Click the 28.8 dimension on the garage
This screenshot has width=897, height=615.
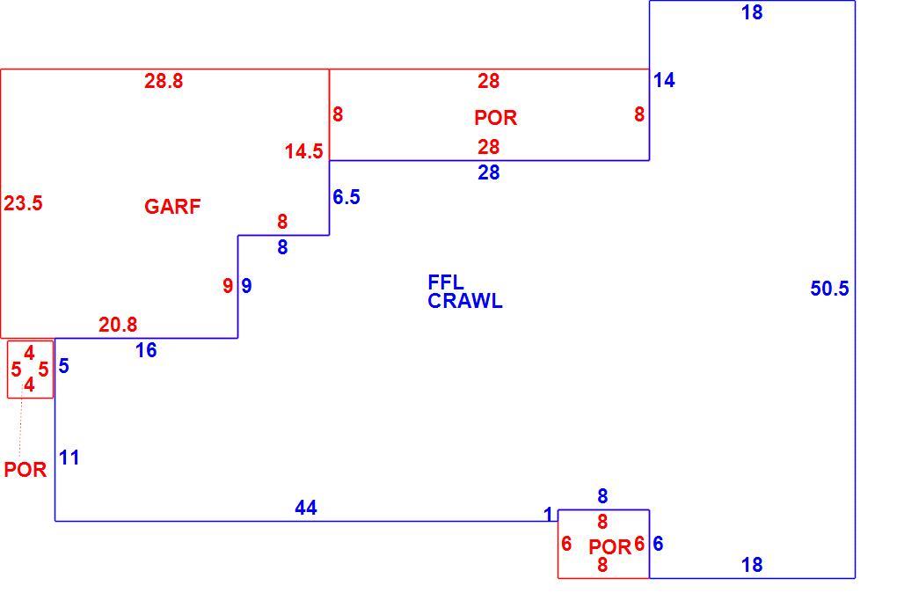tap(164, 81)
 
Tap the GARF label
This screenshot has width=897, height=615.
tap(172, 206)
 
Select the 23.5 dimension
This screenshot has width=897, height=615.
tap(23, 203)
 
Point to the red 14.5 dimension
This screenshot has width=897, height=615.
tap(303, 151)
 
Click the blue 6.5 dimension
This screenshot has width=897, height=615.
tap(346, 197)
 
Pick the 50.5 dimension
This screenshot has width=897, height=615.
tap(829, 289)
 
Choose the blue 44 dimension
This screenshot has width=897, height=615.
tap(306, 508)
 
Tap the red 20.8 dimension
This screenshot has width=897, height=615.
tap(118, 325)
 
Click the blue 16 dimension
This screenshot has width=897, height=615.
tap(146, 350)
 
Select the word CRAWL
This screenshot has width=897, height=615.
tap(465, 301)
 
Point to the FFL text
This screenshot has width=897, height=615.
tap(446, 282)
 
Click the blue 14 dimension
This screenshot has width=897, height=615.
tap(664, 80)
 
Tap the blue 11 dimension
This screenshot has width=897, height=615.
tap(69, 458)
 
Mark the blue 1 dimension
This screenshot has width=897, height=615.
tap(548, 515)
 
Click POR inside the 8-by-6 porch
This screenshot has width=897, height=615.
tap(609, 547)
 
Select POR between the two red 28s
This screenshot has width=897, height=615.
tap(495, 117)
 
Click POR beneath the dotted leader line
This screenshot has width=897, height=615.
tap(26, 469)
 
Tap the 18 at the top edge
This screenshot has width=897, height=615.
tap(752, 12)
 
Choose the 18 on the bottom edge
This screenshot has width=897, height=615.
tap(752, 565)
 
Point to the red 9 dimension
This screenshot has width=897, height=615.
tap(228, 285)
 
